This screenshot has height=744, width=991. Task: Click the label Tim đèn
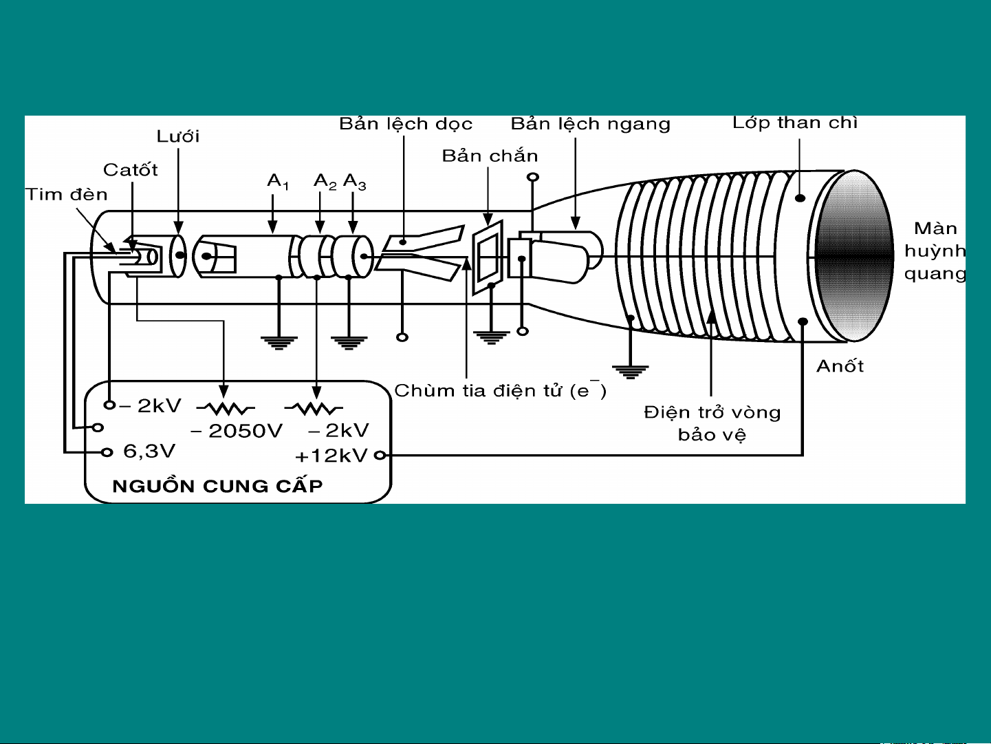(67, 195)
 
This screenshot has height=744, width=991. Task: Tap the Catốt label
(131, 170)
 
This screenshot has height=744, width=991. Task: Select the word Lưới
(178, 136)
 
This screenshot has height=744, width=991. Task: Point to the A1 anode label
(277, 182)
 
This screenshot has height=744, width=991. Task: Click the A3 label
(354, 182)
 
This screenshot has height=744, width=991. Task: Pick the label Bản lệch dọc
(406, 124)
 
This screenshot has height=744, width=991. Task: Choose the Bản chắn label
(490, 156)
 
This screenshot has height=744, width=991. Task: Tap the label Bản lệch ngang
(590, 124)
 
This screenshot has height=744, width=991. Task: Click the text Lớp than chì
(794, 123)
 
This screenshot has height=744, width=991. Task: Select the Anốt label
(840, 366)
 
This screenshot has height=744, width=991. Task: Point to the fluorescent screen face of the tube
(855, 255)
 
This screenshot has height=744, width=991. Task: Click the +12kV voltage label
(331, 456)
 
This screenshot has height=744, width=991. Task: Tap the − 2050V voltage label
(236, 431)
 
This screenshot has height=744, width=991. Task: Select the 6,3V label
(149, 451)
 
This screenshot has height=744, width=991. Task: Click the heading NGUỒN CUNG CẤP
(217, 486)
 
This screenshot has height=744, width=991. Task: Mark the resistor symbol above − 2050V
(226, 408)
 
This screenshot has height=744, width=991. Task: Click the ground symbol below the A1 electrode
(279, 343)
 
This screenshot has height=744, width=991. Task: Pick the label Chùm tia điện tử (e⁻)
(500, 390)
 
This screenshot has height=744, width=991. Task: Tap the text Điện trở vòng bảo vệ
(712, 424)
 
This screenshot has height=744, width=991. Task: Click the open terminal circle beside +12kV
(380, 456)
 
